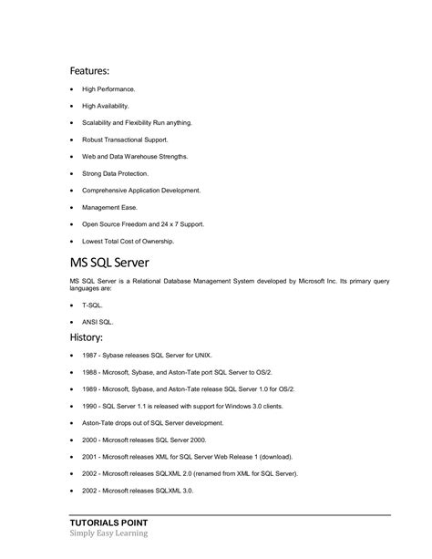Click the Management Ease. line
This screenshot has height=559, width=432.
(x=109, y=207)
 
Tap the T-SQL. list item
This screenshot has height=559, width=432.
(x=93, y=305)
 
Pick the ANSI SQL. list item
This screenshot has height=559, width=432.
(x=98, y=322)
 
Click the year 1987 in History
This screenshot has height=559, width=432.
(x=89, y=356)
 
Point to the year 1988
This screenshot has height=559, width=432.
(x=89, y=372)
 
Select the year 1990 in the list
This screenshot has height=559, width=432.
(x=89, y=406)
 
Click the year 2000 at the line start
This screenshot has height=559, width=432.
(x=89, y=440)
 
